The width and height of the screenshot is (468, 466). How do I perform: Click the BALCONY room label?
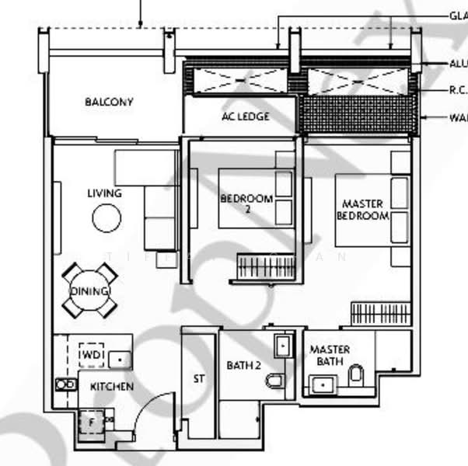click(109, 102)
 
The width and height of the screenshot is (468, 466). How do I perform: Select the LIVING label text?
click(105, 193)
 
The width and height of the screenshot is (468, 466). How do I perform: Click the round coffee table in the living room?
click(107, 218)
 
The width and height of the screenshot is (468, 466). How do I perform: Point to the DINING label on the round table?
click(90, 291)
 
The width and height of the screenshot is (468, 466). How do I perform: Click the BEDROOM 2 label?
click(246, 203)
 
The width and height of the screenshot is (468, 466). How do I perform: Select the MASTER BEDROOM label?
click(362, 210)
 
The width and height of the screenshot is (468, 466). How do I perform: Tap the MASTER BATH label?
click(330, 356)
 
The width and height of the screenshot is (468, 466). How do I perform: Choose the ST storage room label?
click(198, 380)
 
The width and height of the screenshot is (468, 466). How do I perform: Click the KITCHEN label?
click(111, 386)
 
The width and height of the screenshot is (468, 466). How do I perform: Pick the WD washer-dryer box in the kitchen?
click(92, 354)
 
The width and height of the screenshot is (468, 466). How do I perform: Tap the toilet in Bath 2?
click(274, 381)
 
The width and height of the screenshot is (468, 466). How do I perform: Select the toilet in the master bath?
click(356, 376)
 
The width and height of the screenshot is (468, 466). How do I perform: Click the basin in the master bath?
click(321, 384)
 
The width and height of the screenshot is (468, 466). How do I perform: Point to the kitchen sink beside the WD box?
click(119, 359)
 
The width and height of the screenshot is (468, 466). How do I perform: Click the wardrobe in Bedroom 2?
click(266, 267)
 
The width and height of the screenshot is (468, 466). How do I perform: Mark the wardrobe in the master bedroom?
click(379, 313)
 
